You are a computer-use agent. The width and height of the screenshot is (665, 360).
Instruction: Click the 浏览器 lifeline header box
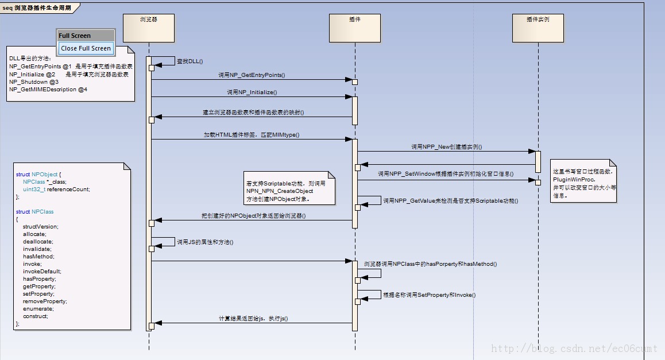pos(149,28)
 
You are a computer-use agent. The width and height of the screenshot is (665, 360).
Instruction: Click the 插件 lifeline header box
pos(355,28)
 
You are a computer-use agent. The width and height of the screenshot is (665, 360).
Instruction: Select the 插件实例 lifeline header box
pos(538,28)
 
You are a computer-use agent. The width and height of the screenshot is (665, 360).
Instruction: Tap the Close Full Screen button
pos(86,48)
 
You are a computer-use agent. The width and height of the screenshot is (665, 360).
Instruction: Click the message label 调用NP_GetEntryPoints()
pos(252,75)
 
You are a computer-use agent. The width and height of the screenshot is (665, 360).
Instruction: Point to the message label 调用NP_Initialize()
pos(252,92)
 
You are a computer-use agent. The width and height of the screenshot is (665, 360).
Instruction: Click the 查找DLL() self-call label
pos(190,61)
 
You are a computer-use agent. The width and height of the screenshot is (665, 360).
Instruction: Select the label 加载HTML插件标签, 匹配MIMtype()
pos(252,135)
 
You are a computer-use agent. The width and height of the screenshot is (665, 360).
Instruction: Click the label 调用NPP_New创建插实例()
pos(446,147)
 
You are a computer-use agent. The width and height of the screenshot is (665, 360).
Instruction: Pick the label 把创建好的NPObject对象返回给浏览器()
pos(253,216)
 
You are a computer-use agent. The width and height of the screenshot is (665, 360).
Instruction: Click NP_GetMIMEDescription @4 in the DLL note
pos(48,90)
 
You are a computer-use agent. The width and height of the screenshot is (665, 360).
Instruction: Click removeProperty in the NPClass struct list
pos(45,301)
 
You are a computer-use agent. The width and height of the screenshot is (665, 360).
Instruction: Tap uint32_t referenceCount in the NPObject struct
pos(56,189)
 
